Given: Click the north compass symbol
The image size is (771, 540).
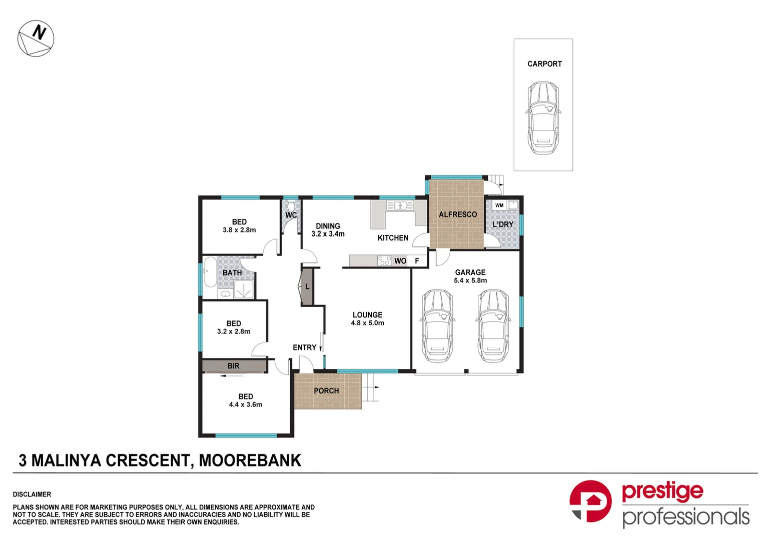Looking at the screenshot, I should (36, 38).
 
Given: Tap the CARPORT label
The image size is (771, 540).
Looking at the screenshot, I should (544, 64).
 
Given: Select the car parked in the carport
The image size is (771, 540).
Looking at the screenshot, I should (543, 118).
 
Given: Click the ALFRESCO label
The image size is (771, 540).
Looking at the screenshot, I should (457, 214).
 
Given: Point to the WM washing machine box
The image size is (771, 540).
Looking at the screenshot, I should (499, 205).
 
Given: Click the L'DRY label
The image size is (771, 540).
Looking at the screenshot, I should (502, 224).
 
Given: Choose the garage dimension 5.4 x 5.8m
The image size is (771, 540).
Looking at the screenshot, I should (470, 280).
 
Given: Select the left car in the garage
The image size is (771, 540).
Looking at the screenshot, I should (437, 325).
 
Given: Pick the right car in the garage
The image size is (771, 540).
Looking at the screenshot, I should (493, 325).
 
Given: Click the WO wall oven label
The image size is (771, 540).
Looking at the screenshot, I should (400, 261).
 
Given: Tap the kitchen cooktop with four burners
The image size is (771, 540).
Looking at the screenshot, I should (384, 260).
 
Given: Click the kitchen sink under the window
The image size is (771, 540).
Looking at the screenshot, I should (400, 205).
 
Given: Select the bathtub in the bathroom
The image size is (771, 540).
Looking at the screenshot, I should (210, 272).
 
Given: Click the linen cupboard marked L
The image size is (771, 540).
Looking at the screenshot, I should (307, 286).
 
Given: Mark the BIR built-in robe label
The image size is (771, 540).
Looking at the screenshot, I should (233, 366).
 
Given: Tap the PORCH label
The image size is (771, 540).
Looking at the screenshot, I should (326, 391).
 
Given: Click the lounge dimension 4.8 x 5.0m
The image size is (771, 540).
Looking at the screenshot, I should (367, 323).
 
